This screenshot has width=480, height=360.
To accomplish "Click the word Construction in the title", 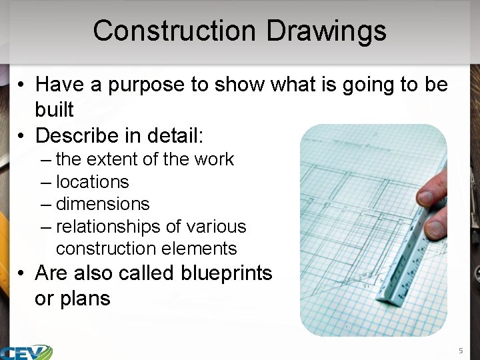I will [173, 31].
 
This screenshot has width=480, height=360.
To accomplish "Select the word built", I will [54, 109].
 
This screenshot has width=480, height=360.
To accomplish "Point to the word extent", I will [109, 159].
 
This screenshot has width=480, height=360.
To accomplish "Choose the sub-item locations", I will [92, 182].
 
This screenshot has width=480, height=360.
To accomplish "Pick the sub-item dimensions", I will [103, 204].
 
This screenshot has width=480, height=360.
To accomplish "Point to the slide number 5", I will [460, 350].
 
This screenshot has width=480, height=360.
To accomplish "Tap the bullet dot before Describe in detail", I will [22, 136].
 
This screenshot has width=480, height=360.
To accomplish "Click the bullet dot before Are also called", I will [22, 274].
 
